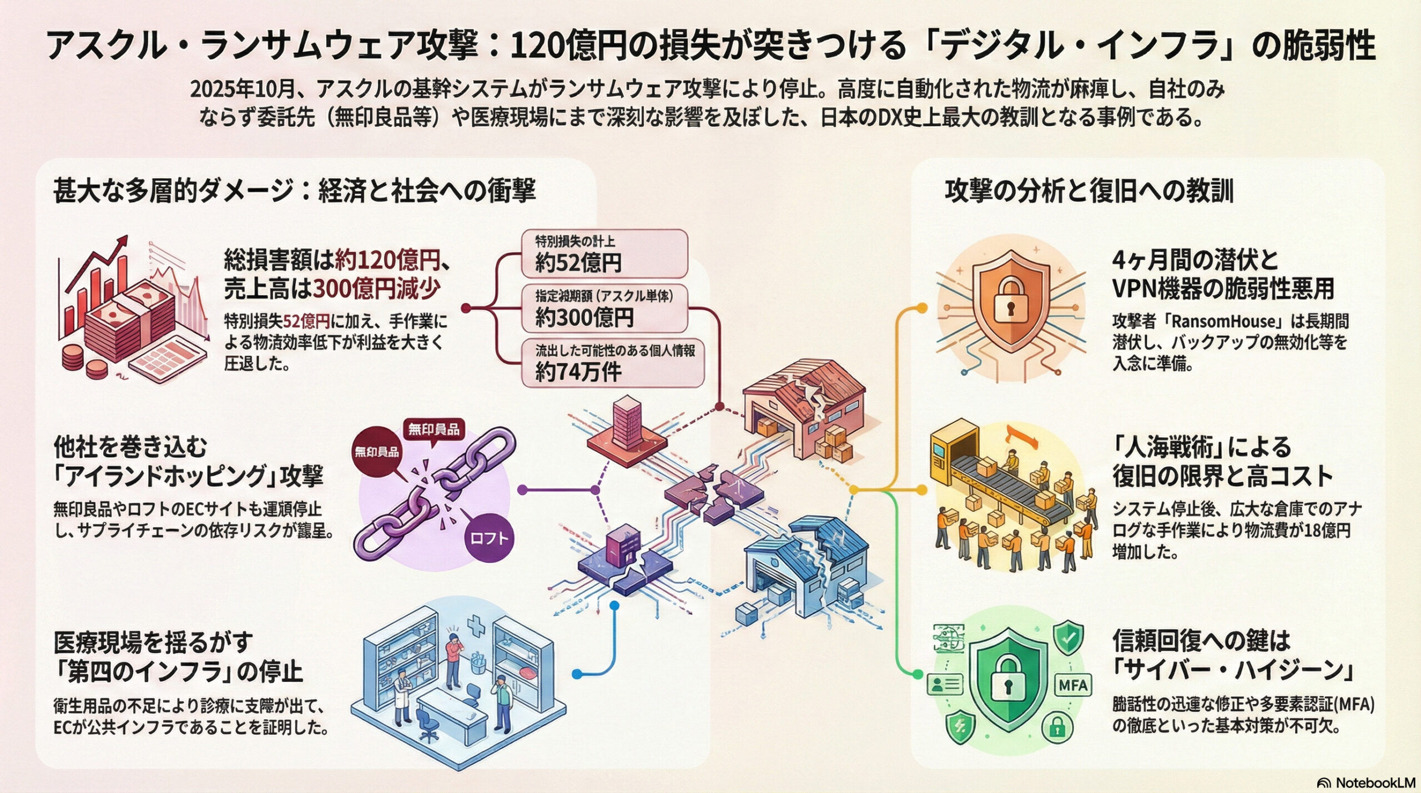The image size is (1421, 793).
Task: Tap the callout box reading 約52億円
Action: pyautogui.click(x=604, y=254)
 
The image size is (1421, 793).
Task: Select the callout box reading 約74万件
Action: pyautogui.click(x=612, y=363)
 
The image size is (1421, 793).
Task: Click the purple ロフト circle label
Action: pyautogui.click(x=488, y=538)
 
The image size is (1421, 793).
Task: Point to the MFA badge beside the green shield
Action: pyautogui.click(x=1072, y=685)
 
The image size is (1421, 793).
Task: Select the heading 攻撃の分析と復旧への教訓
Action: pyautogui.click(x=1089, y=191)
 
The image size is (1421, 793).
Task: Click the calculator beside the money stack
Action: pyautogui.click(x=167, y=358)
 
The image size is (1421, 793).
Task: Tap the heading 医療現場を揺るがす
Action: pyautogui.click(x=153, y=643)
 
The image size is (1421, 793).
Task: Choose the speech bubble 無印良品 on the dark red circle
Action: pyautogui.click(x=377, y=451)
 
